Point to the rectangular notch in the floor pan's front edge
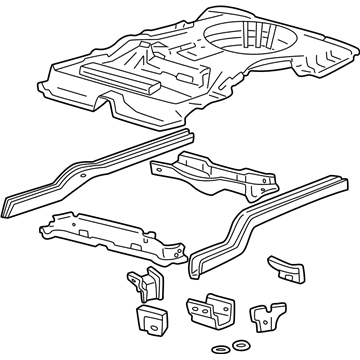(x=118, y=103)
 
